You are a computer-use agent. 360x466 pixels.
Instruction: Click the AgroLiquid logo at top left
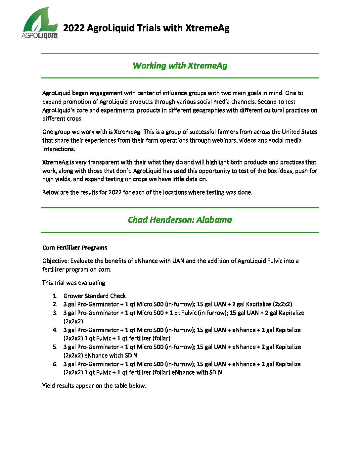(40, 23)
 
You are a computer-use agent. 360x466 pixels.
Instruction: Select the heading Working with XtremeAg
(180, 66)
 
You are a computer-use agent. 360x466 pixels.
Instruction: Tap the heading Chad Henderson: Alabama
(180, 220)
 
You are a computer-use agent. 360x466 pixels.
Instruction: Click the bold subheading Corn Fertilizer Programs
(74, 248)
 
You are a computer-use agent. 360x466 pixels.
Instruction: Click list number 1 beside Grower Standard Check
(55, 296)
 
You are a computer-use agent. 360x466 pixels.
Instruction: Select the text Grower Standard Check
(95, 296)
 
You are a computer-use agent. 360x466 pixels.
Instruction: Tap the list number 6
(55, 364)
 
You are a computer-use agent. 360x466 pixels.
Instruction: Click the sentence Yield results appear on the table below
(94, 386)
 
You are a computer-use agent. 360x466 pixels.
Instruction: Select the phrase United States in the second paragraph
(299, 132)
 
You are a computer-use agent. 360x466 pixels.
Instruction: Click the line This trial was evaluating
(74, 283)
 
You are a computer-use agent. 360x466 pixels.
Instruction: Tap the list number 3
(55, 313)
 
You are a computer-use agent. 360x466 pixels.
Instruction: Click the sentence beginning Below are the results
(147, 192)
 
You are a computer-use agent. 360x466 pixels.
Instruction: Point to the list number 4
(55, 330)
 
